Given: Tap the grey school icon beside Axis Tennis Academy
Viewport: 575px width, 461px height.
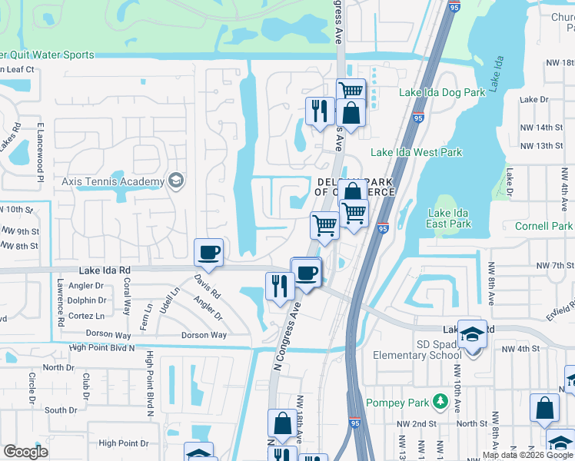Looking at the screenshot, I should [176, 181].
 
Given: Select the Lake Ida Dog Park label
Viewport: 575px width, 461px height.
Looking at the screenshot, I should [442, 92].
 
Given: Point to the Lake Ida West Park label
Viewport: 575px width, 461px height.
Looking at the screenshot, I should [417, 152].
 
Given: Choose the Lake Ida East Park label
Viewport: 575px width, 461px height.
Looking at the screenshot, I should [450, 218].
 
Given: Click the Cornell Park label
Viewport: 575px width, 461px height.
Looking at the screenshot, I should [544, 227].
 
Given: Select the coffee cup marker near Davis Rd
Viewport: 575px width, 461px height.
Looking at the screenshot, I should [209, 252].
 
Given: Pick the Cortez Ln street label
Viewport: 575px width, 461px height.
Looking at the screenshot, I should [86, 316].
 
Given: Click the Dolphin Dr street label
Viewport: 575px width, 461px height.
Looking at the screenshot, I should [86, 300].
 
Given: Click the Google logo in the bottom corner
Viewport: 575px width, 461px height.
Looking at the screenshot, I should [25, 452].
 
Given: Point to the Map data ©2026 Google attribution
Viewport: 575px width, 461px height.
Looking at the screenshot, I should [527, 455].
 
